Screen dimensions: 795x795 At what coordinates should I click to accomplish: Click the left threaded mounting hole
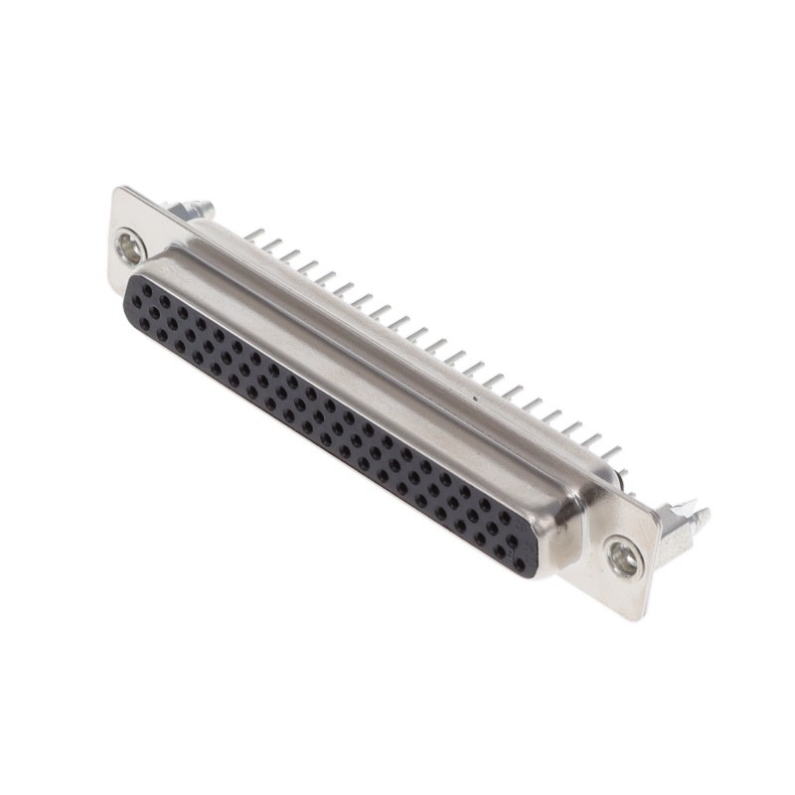[129, 245]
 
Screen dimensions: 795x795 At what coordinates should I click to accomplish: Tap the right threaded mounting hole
[624, 557]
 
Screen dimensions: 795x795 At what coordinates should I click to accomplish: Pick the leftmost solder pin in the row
[254, 235]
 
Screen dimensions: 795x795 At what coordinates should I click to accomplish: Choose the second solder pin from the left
[272, 244]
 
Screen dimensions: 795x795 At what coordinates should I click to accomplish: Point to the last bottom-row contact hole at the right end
[518, 563]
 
